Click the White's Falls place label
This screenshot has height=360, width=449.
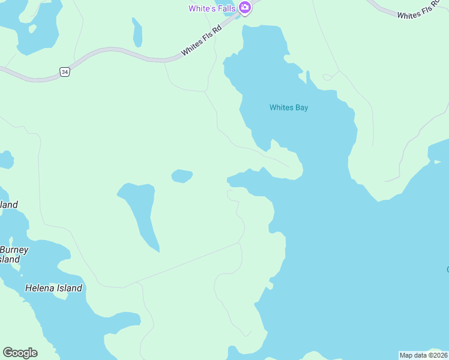(x=212, y=8)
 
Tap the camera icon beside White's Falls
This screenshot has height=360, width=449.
(x=244, y=8)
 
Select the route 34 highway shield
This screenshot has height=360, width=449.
(x=65, y=72)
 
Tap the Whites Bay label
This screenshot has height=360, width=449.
(x=289, y=108)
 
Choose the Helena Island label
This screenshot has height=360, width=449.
(x=53, y=288)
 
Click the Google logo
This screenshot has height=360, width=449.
(x=20, y=353)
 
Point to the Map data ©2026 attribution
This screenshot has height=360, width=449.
(x=423, y=355)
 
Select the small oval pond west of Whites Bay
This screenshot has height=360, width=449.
(x=182, y=176)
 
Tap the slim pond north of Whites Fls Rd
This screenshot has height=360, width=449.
(x=137, y=33)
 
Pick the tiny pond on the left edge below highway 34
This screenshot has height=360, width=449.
(x=5, y=160)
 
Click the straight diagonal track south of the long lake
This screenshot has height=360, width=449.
(x=180, y=264)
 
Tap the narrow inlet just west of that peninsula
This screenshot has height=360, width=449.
(x=240, y=179)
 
